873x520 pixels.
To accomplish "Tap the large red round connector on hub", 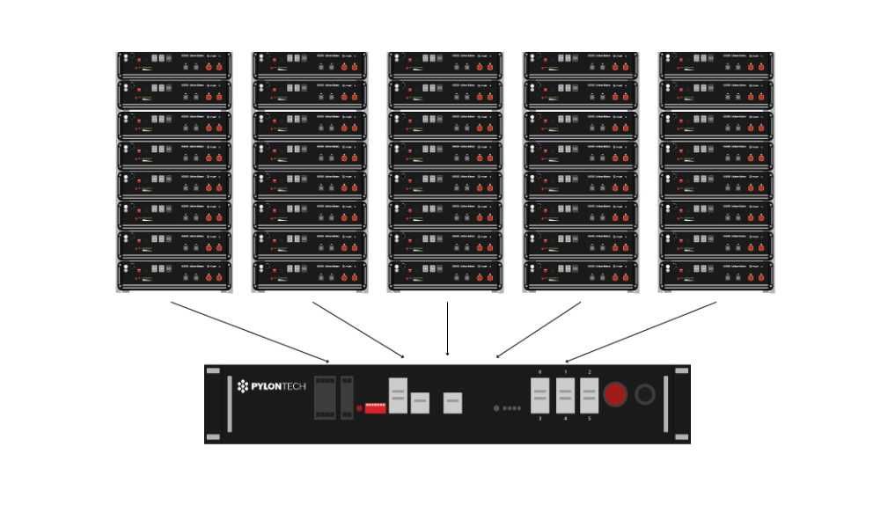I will click(614, 394).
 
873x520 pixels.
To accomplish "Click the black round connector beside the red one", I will click(645, 394).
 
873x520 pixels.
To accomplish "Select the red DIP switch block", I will click(376, 408).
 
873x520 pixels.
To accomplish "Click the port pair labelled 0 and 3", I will click(539, 396).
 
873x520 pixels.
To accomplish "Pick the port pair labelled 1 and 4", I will click(565, 396).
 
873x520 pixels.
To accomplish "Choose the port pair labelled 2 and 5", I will click(590, 396).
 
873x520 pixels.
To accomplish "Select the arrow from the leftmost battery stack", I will click(250, 332).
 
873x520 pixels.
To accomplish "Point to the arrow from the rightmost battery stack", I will click(641, 332).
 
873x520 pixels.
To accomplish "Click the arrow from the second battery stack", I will click(358, 330).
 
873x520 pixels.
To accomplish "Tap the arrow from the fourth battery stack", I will click(539, 330).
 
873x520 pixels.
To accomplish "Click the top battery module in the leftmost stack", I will click(174, 64).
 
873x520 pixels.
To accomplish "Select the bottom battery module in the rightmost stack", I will click(716, 275).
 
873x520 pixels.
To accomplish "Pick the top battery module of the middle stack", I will click(445, 64).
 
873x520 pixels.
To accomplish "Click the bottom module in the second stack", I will click(310, 275).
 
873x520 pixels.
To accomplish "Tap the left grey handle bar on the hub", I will click(230, 404).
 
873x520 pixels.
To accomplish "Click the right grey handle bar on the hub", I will click(665, 404).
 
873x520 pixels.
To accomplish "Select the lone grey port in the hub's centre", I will click(452, 403).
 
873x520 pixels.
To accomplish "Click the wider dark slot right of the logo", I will click(325, 398).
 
